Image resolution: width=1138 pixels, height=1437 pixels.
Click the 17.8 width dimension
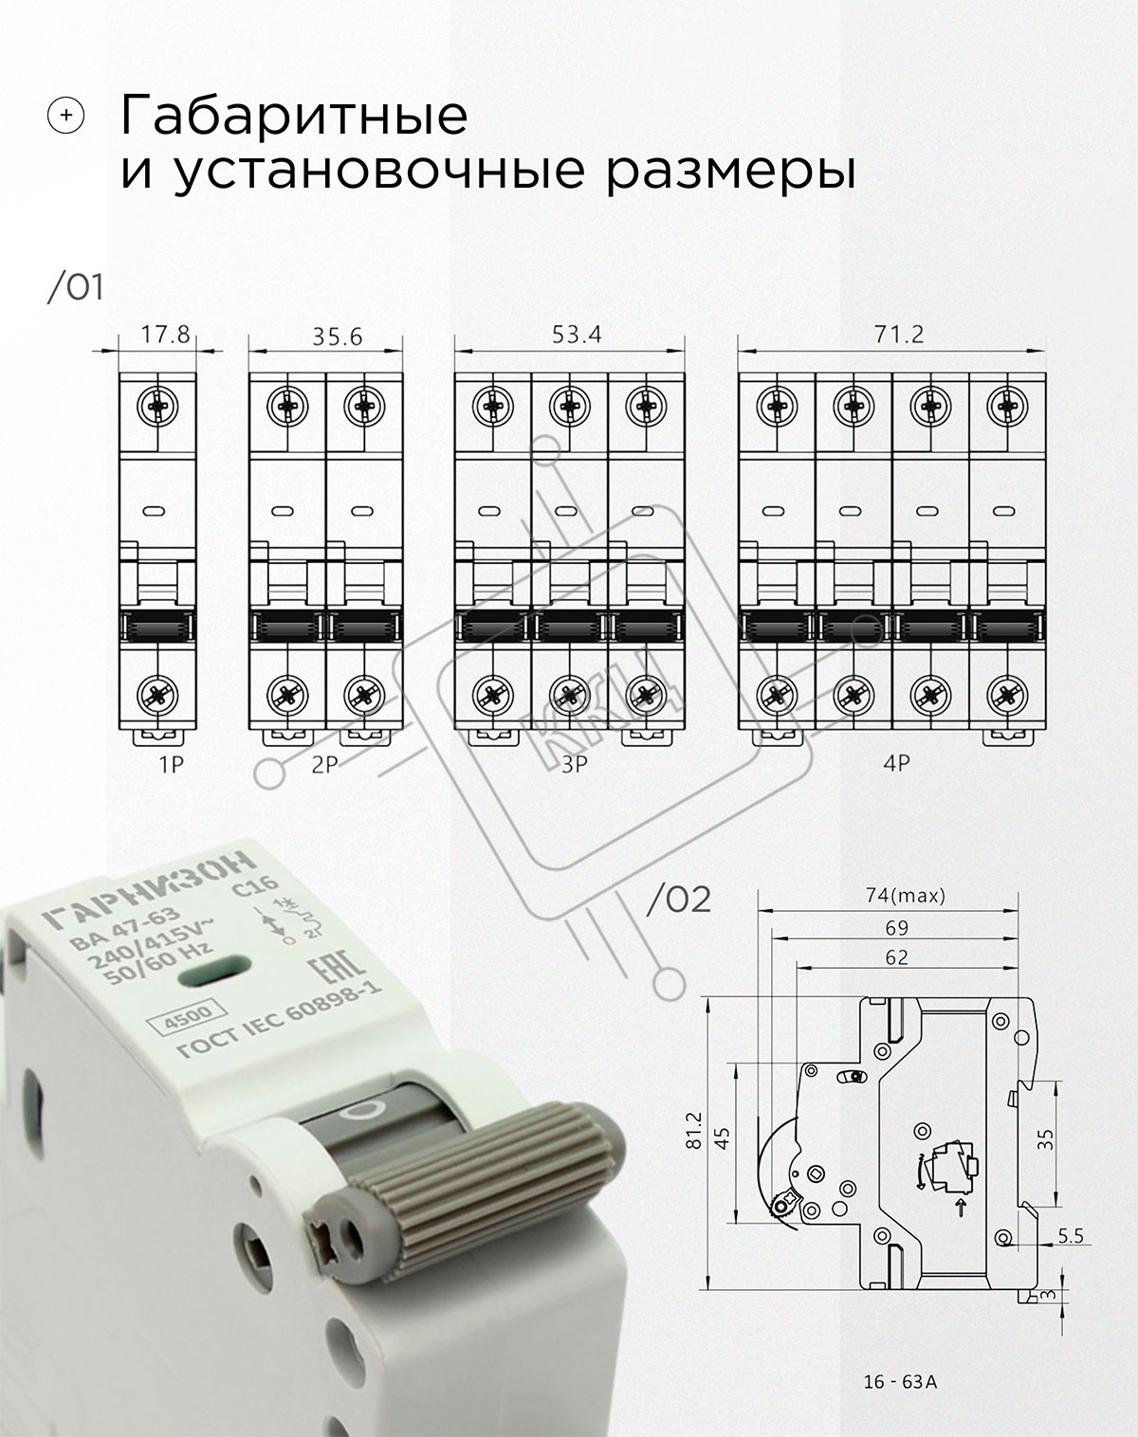point(165,334)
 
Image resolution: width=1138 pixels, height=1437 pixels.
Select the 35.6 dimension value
point(338,337)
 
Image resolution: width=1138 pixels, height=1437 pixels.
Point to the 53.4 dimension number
point(577,334)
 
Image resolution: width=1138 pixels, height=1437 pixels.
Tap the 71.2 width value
point(899,334)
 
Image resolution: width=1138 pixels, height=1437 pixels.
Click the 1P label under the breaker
point(171,765)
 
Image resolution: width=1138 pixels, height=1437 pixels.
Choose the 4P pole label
point(897,762)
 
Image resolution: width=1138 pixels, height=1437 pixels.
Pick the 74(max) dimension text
point(906,896)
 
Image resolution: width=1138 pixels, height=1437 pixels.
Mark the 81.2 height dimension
point(694,1130)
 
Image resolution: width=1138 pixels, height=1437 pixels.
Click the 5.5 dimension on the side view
point(1070,1236)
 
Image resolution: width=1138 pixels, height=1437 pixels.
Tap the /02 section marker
point(678,900)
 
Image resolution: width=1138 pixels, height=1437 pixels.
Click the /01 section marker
point(75,287)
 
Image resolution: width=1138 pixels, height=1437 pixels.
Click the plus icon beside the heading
point(66,116)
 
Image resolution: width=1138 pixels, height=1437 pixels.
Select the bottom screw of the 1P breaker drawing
point(158,695)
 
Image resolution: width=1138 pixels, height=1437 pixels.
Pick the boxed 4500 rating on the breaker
point(189,1016)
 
